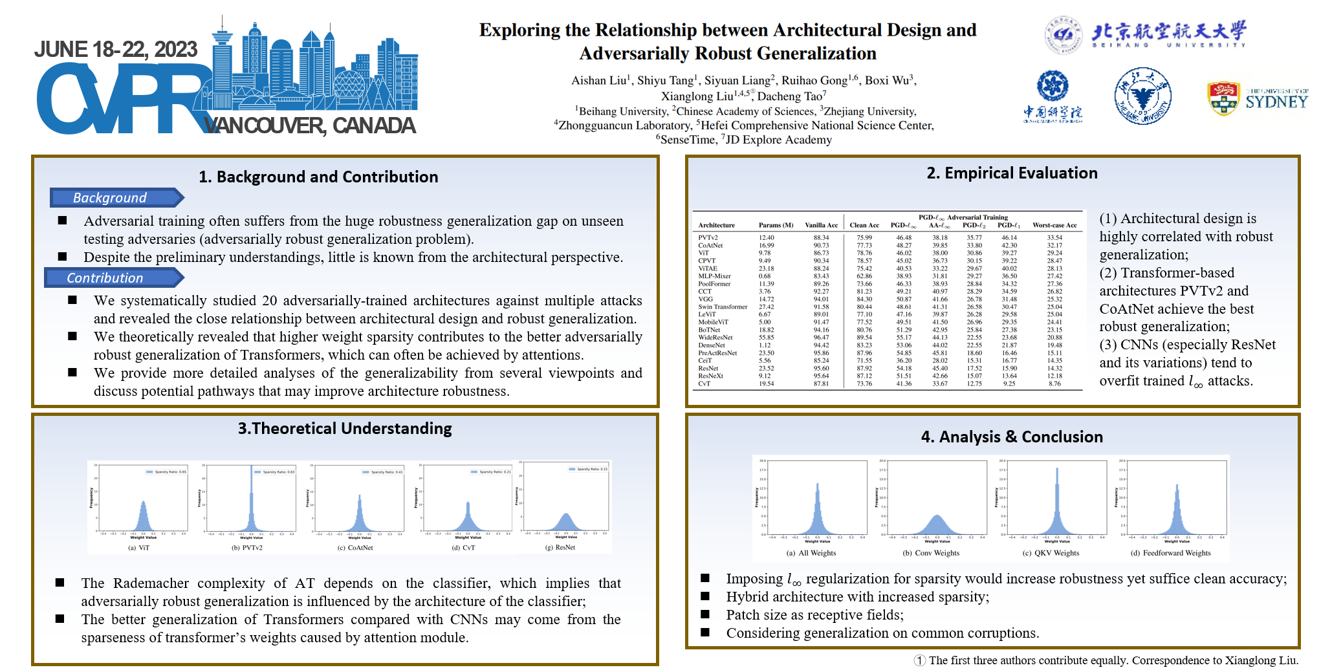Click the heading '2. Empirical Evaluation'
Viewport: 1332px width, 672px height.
click(x=1012, y=173)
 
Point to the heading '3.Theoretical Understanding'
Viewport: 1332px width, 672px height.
click(x=345, y=428)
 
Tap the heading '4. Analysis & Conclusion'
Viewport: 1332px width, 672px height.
click(x=1012, y=437)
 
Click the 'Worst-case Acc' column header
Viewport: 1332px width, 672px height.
click(x=1054, y=225)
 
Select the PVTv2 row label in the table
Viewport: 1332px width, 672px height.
click(x=708, y=237)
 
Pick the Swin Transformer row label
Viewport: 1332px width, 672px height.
click(x=723, y=307)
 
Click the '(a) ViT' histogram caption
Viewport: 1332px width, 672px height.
click(x=139, y=548)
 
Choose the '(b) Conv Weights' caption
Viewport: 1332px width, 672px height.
click(x=931, y=553)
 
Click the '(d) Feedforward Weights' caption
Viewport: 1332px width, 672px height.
click(x=1170, y=553)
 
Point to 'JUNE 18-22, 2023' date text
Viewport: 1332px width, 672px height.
click(x=116, y=49)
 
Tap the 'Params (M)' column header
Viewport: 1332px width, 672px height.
click(x=776, y=225)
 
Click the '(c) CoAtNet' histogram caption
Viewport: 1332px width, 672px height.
click(x=355, y=548)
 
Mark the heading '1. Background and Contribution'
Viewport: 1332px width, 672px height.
click(x=318, y=177)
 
